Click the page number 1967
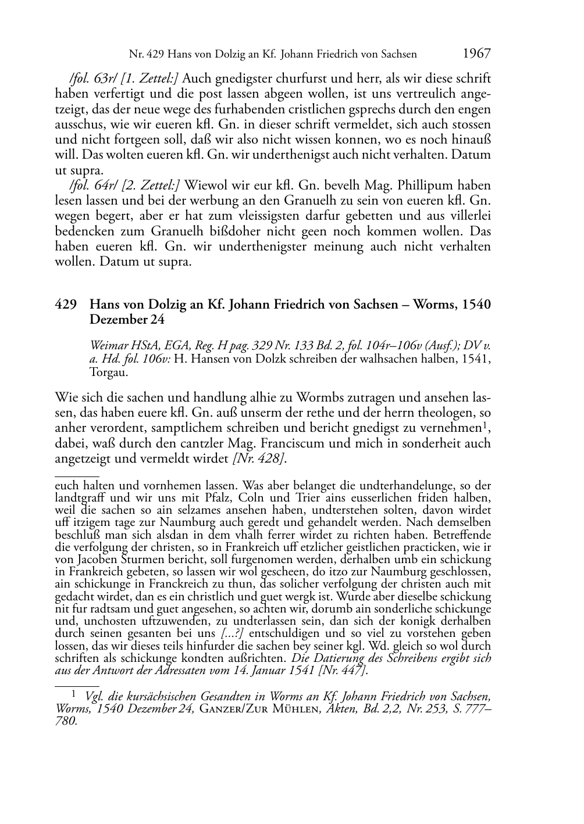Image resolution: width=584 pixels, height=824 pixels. point(476,54)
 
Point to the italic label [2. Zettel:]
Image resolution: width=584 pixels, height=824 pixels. point(147,186)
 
